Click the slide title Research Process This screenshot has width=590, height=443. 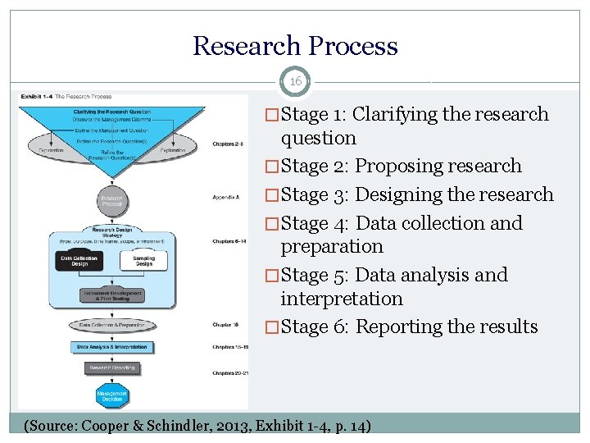[295, 46]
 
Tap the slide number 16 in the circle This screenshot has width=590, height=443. [295, 82]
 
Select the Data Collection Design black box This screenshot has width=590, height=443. [79, 261]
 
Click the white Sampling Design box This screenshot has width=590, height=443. [143, 261]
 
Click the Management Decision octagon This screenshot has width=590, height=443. [111, 396]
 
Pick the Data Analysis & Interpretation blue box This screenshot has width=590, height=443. [111, 347]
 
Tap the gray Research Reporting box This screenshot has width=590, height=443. [111, 368]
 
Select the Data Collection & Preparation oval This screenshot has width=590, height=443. [111, 325]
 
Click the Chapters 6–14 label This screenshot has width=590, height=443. [229, 241]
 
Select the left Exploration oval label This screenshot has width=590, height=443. [51, 150]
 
